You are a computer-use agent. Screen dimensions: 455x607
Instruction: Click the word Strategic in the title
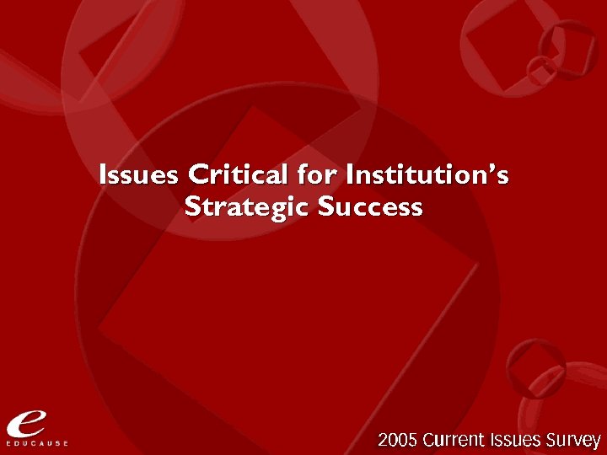(244, 207)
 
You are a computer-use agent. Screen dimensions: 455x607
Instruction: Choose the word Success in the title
(370, 206)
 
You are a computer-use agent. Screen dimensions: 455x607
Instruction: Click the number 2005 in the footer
(398, 440)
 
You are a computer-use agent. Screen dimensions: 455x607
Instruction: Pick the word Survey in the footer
(574, 441)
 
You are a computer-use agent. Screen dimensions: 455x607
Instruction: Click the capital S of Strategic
(191, 206)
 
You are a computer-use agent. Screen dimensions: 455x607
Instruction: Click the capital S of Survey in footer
(553, 440)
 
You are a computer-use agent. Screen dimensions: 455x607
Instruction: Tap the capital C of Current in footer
(429, 440)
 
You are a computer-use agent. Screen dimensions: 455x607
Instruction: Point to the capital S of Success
(326, 206)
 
